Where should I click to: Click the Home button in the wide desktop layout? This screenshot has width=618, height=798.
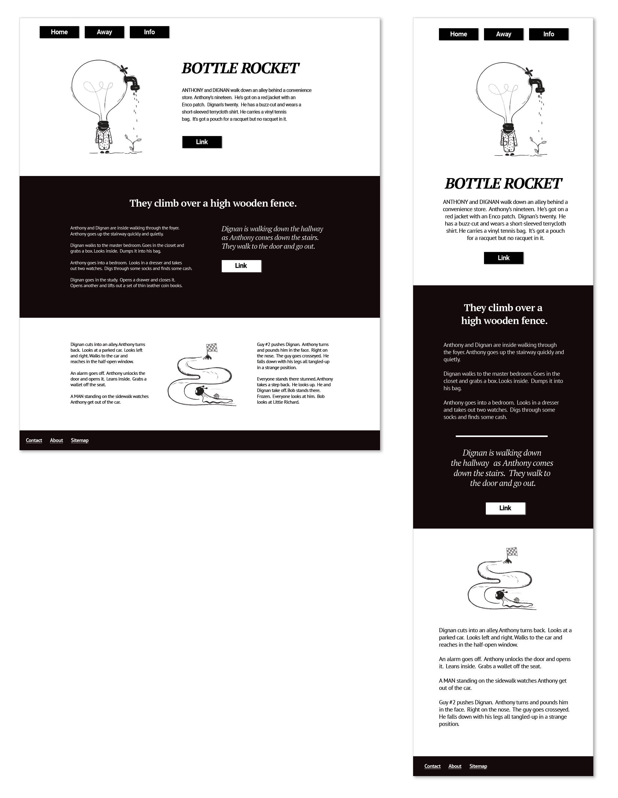(x=59, y=32)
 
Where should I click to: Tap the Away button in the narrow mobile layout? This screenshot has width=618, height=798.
(x=503, y=34)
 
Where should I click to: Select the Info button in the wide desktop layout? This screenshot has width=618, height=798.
(x=149, y=32)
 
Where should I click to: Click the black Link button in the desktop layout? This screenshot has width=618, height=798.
(x=202, y=142)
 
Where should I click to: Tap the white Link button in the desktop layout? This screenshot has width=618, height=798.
(x=241, y=266)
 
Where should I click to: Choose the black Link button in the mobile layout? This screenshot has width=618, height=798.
(x=503, y=258)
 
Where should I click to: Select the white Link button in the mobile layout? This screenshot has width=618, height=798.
(x=505, y=508)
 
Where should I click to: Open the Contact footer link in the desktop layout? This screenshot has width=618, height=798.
(x=34, y=440)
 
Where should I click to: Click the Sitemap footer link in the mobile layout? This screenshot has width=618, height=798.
(x=478, y=766)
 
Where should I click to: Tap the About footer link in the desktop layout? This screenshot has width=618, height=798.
(x=56, y=440)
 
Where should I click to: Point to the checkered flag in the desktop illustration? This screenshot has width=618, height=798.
(x=212, y=348)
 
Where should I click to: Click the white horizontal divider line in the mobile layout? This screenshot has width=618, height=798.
(x=501, y=436)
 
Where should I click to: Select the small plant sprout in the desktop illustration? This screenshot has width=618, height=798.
(x=132, y=143)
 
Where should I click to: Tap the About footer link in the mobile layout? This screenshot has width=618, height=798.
(x=455, y=766)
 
